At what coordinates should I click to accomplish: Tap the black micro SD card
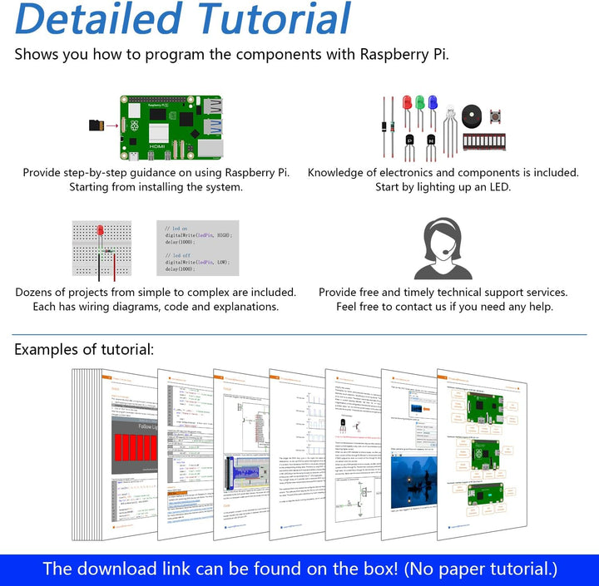(96, 126)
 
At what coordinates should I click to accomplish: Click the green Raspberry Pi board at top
(171, 126)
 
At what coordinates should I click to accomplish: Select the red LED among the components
(406, 104)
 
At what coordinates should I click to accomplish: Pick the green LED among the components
(419, 104)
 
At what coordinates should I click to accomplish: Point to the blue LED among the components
(432, 104)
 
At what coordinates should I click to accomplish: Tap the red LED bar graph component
(484, 142)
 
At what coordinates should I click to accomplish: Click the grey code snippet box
(197, 248)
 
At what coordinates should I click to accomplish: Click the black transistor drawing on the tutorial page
(344, 424)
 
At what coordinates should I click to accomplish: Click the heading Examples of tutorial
(84, 349)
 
